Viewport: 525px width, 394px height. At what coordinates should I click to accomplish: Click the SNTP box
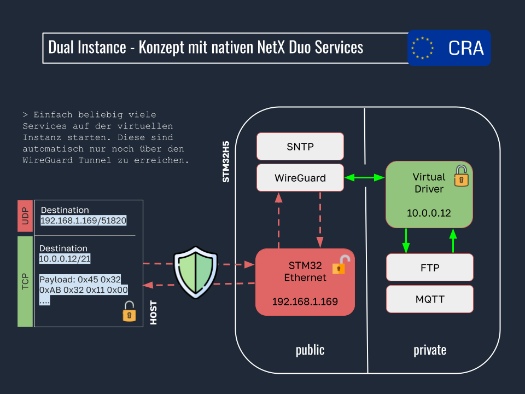300,147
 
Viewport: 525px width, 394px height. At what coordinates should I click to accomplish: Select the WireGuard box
300,178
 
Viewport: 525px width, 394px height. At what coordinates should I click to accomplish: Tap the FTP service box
429,268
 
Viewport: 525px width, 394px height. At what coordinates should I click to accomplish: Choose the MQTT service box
429,299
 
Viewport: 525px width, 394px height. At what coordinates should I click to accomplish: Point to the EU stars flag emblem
422,48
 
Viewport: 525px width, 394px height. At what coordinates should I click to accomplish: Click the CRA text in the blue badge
466,48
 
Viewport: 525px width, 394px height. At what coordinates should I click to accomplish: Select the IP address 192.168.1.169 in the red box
305,302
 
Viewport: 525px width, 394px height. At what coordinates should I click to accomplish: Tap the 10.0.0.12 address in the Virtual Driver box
429,213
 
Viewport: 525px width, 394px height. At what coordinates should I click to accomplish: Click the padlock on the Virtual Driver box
462,175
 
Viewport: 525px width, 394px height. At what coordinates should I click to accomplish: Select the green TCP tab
25,281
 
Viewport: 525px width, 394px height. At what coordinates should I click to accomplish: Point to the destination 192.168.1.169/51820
84,221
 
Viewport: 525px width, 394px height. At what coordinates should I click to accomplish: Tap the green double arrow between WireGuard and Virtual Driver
365,177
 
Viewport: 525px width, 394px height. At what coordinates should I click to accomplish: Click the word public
310,350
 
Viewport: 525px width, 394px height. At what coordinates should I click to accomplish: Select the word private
429,350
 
